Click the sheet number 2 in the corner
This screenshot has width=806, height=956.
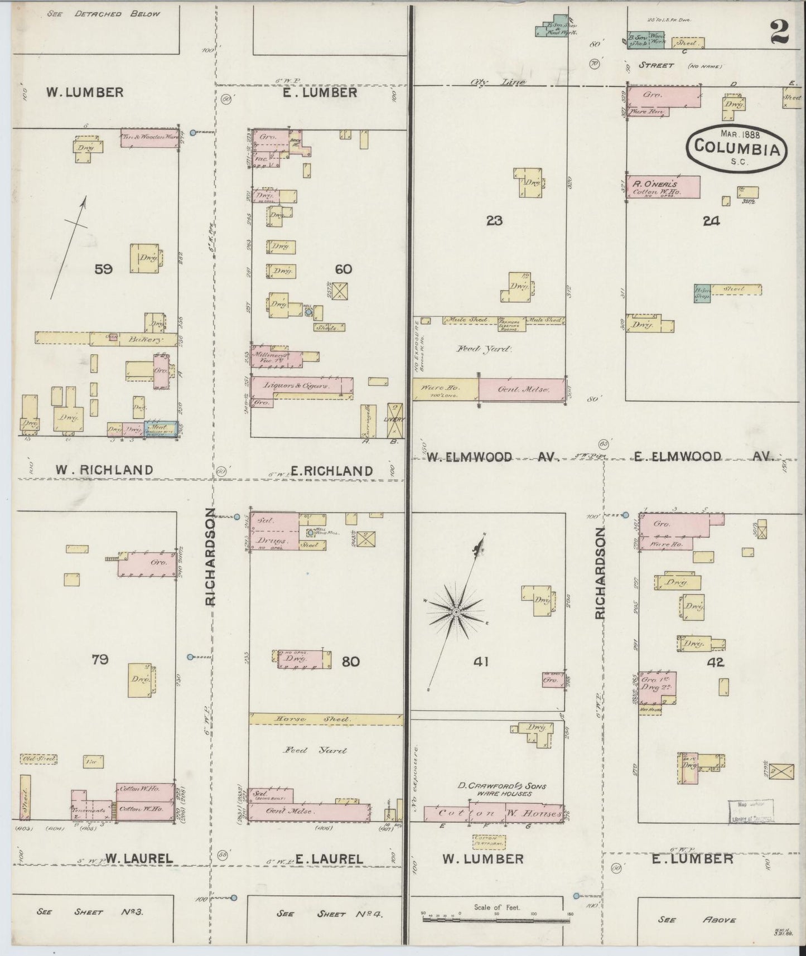point(779,32)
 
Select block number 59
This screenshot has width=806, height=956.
point(104,269)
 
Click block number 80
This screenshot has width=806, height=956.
point(351,662)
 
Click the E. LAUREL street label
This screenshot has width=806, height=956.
point(329,875)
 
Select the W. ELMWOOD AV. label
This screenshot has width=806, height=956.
point(493,457)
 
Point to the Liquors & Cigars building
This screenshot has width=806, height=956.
point(301,386)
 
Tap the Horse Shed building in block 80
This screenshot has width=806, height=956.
point(326,720)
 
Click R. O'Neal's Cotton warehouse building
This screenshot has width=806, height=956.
point(663,187)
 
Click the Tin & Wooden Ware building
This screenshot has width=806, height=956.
point(149,138)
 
